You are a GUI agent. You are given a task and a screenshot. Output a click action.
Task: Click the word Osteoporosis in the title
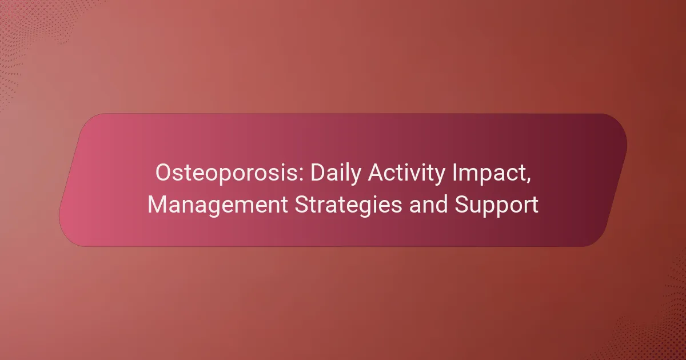(x=230, y=173)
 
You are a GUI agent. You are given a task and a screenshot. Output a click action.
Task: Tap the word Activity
(x=406, y=174)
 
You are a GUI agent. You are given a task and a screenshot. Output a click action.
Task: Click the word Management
(x=218, y=205)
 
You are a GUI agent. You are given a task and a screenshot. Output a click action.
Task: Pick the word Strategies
(x=348, y=205)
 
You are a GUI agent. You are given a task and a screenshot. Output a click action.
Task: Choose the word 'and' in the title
(x=428, y=204)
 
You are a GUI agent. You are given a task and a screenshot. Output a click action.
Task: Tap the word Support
(x=496, y=205)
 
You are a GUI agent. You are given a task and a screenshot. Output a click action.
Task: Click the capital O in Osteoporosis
(x=164, y=173)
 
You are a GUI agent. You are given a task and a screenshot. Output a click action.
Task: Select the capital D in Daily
(x=318, y=173)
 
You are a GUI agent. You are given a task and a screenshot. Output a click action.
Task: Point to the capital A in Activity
(x=376, y=173)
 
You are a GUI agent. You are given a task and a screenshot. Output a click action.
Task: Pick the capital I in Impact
(x=454, y=173)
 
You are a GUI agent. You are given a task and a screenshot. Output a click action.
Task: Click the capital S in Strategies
(x=302, y=204)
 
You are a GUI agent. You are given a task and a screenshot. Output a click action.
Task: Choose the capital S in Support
(x=462, y=204)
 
